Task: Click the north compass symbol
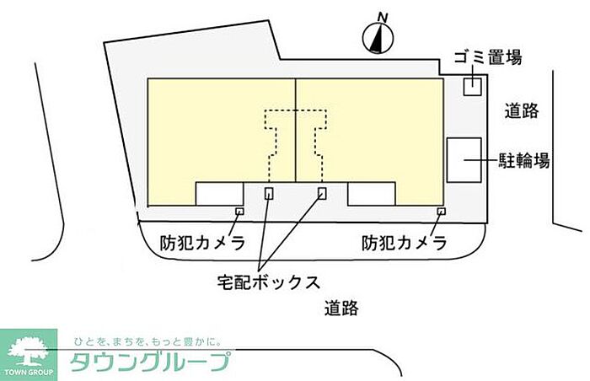378,38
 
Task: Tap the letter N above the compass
383,17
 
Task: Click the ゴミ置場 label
488,57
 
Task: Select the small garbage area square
472,87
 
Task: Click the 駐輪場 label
524,160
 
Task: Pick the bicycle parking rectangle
464,160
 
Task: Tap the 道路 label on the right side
522,111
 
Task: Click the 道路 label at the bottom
341,308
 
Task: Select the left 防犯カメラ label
202,243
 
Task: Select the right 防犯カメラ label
404,243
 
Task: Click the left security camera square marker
239,212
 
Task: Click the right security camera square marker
442,212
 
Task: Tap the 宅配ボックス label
269,282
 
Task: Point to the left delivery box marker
269,193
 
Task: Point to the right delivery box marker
322,193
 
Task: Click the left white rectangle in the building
219,194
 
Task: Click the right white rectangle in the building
372,194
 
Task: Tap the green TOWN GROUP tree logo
29,355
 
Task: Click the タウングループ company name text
149,362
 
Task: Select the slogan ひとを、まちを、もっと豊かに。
147,342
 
